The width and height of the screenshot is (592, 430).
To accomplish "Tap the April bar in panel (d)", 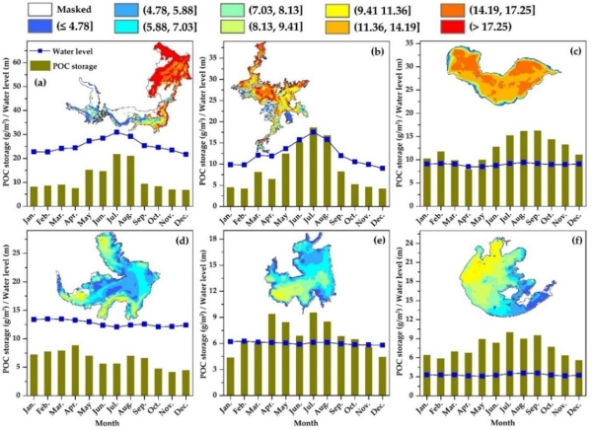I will [75, 367].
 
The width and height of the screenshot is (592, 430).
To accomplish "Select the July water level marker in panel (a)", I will [116, 132].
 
